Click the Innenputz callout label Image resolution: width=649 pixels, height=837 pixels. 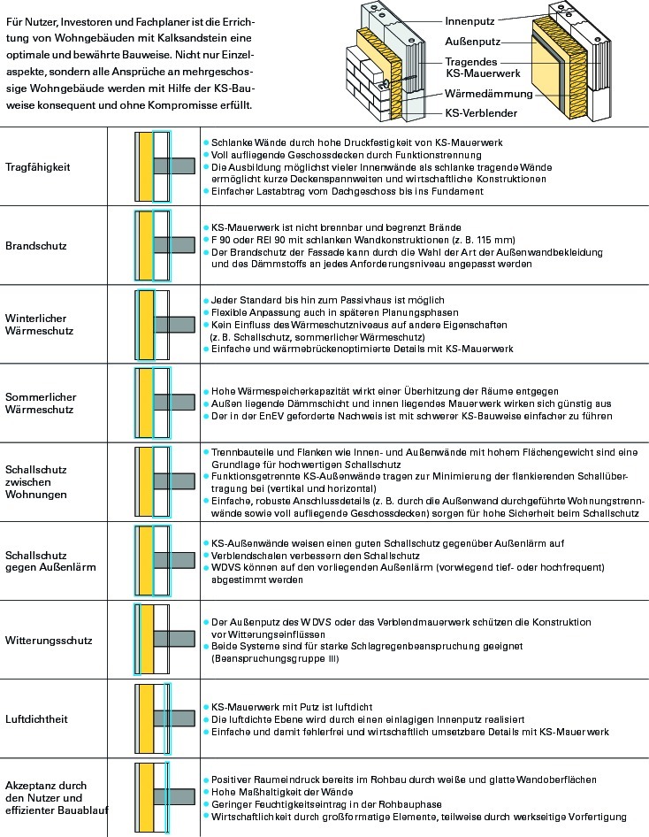pyautogui.click(x=470, y=21)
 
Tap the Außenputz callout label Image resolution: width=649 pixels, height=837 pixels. pyautogui.click(x=472, y=42)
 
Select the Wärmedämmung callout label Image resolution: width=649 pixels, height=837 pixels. pyautogui.click(x=489, y=94)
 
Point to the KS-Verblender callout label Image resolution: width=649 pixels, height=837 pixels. pyautogui.click(x=481, y=113)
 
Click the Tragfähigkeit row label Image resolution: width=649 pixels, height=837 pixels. pyautogui.click(x=38, y=167)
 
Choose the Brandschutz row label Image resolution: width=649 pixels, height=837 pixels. pyautogui.click(x=36, y=246)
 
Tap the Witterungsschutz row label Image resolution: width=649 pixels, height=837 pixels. pyautogui.click(x=49, y=641)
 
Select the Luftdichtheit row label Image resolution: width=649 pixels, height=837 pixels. pyautogui.click(x=37, y=719)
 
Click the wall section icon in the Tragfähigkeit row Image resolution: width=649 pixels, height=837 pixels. pyautogui.click(x=164, y=166)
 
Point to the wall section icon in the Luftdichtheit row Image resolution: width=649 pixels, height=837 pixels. pyautogui.click(x=164, y=718)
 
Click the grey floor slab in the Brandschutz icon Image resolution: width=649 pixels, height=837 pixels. pyautogui.click(x=174, y=245)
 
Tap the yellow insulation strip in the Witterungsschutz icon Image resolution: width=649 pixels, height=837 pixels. pyautogui.click(x=147, y=640)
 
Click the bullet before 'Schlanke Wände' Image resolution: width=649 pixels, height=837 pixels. pyautogui.click(x=206, y=143)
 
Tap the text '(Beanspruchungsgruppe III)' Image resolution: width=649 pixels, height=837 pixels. pyautogui.click(x=275, y=658)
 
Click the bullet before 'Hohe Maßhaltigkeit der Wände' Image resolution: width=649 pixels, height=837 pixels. pyautogui.click(x=206, y=793)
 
